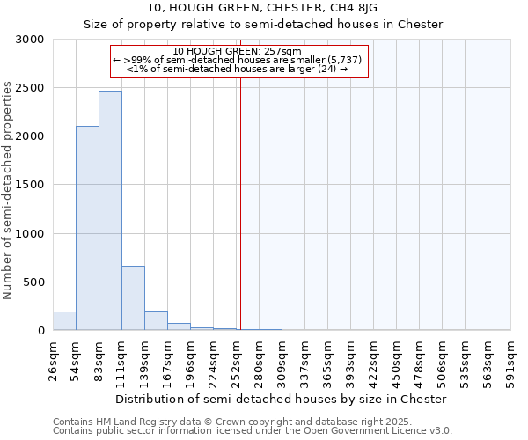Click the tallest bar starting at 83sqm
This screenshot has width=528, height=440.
click(110, 211)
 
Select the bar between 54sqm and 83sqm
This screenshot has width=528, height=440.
click(87, 229)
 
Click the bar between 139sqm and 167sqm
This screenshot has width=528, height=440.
click(156, 321)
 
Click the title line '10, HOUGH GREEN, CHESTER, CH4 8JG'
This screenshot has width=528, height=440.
click(263, 8)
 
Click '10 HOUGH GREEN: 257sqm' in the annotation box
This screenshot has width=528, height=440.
click(238, 51)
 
